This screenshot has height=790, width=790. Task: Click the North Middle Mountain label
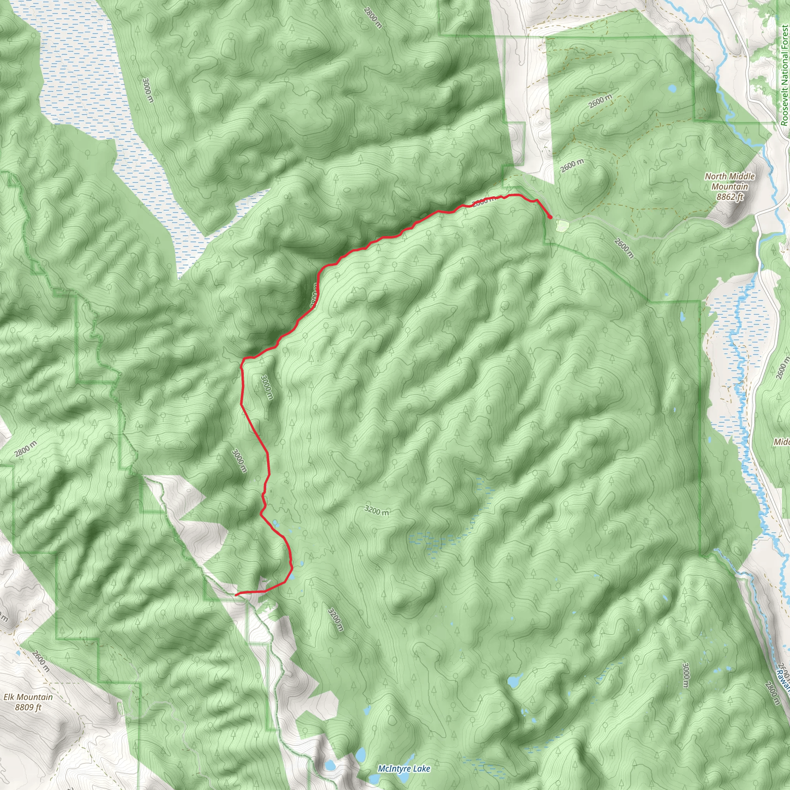coord(729,186)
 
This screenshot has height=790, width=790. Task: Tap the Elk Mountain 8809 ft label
coord(28,702)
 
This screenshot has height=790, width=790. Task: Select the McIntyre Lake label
coord(404,768)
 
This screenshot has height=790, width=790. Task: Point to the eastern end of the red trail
coord(550,217)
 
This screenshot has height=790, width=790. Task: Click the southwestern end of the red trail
coord(236,594)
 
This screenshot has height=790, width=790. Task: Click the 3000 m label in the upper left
coord(148,90)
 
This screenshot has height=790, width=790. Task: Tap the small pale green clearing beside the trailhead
coord(562,226)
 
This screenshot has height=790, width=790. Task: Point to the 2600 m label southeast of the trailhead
coord(624,248)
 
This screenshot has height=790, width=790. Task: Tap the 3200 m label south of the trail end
coord(335,620)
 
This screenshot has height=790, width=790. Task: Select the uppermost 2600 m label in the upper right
coord(600,101)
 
